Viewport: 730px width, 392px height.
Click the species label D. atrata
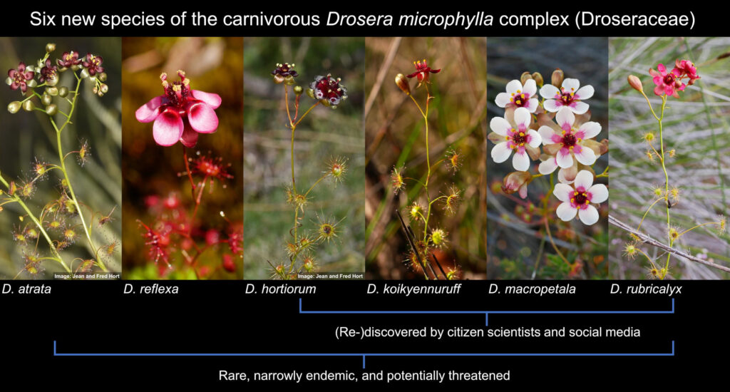[26, 289]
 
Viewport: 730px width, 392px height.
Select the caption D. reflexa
[151, 289]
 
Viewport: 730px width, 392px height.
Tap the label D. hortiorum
[280, 289]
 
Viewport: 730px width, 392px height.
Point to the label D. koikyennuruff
[413, 289]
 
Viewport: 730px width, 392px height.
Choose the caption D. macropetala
[532, 289]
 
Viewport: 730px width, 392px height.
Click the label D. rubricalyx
[646, 289]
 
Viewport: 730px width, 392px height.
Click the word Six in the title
[42, 19]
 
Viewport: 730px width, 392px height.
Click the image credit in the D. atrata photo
[87, 276]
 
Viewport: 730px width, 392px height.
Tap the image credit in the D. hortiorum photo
[330, 276]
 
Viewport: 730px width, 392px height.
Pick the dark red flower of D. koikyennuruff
[423, 71]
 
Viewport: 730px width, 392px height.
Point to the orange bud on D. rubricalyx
[634, 83]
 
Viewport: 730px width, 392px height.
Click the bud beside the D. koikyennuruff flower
[402, 83]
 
